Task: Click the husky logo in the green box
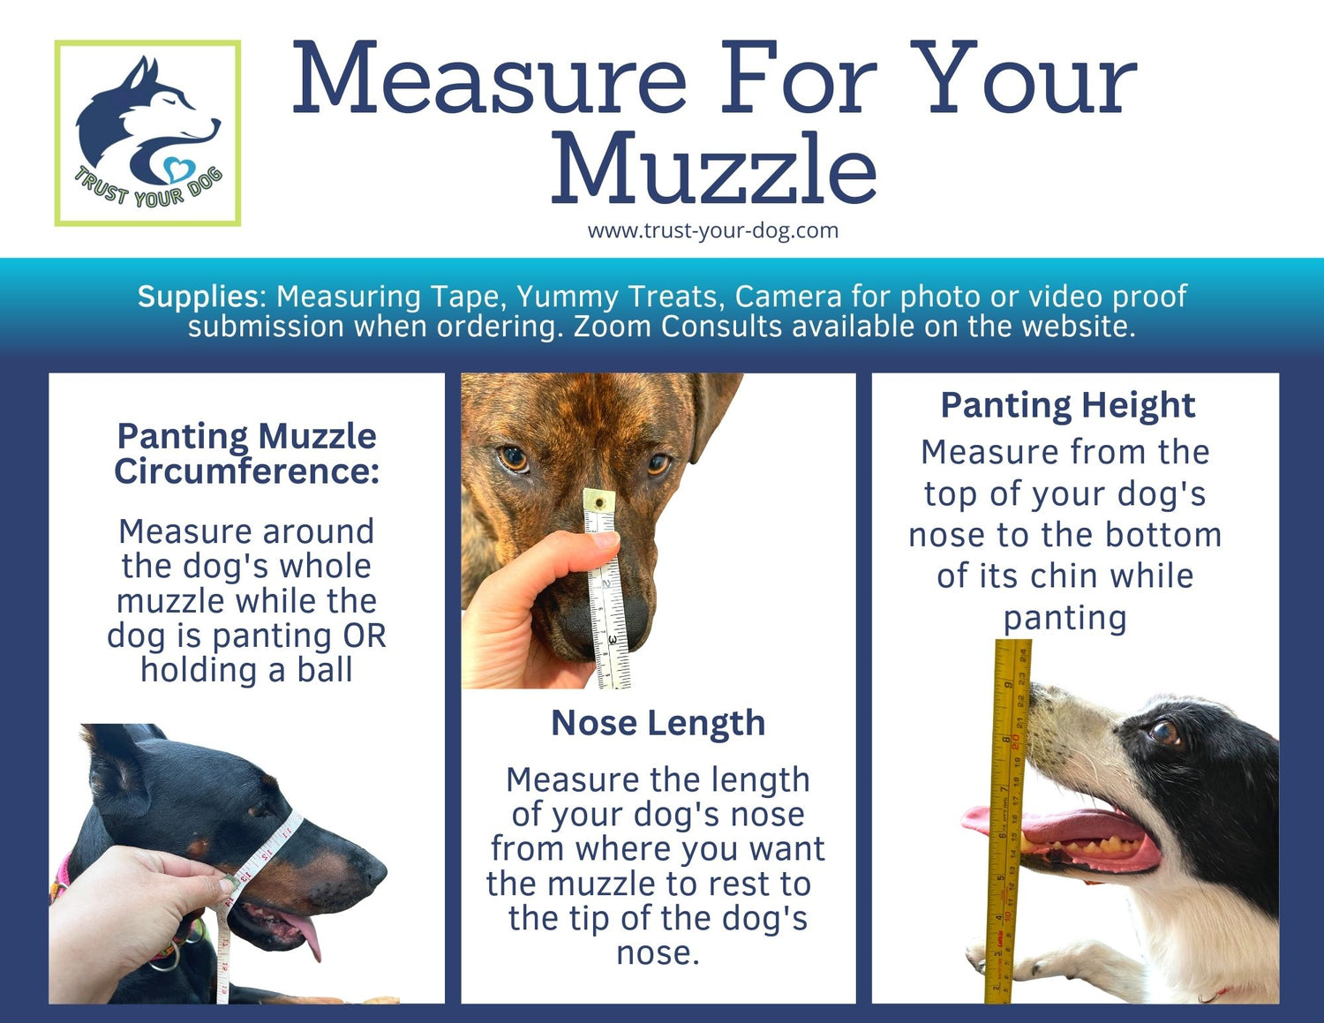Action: point(147,132)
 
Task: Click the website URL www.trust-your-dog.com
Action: point(712,231)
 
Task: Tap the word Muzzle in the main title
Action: point(713,169)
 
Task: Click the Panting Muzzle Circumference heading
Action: point(246,454)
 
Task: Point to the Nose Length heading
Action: point(658,723)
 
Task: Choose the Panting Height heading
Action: point(1067,405)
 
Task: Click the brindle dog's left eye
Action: point(513,458)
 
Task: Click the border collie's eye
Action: point(1163,732)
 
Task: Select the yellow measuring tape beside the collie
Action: point(1007,821)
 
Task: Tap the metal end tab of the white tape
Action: point(598,502)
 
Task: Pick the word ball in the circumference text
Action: point(325,670)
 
